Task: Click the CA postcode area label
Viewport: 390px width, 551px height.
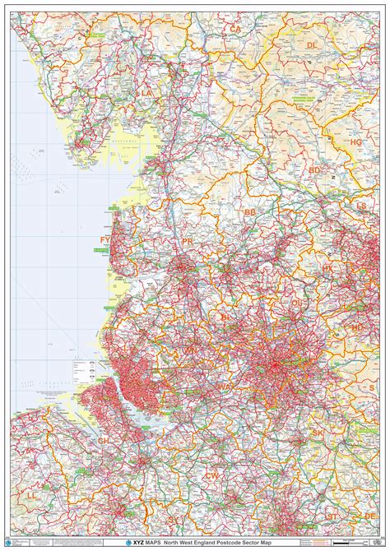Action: click(x=235, y=29)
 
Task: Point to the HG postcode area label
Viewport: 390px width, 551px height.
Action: click(x=355, y=142)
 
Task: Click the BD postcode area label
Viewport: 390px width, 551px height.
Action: click(x=315, y=170)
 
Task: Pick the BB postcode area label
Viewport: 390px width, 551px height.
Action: click(x=250, y=211)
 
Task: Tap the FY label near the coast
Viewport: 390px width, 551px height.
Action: click(x=105, y=239)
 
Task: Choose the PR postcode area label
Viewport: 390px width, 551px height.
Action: click(x=188, y=241)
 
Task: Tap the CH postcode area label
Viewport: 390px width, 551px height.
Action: click(x=103, y=440)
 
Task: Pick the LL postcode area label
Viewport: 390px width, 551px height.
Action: click(x=31, y=496)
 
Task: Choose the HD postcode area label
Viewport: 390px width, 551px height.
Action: click(x=356, y=326)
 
